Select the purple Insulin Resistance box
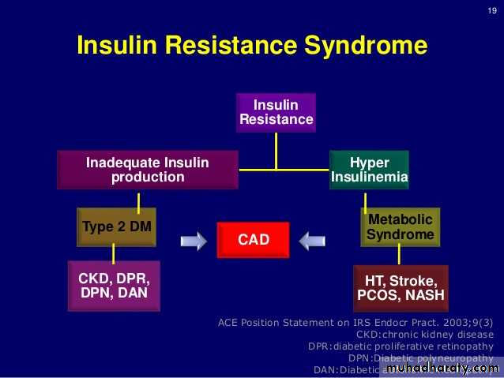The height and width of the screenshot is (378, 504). click(x=276, y=112)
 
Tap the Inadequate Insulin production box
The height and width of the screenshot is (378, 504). click(x=148, y=170)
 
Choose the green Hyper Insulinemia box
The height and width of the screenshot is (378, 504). click(x=369, y=170)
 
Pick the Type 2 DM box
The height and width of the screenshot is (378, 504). click(x=117, y=227)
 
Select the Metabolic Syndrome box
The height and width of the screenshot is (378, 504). click(x=401, y=226)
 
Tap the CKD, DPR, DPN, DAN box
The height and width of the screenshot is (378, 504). click(x=114, y=286)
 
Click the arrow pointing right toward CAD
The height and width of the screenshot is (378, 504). click(x=194, y=240)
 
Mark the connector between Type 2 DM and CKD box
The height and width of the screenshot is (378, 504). click(x=114, y=253)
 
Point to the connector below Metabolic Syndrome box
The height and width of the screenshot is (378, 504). click(x=399, y=255)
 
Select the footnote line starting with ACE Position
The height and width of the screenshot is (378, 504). click(x=355, y=322)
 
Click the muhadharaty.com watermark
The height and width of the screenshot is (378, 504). click(x=443, y=368)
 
